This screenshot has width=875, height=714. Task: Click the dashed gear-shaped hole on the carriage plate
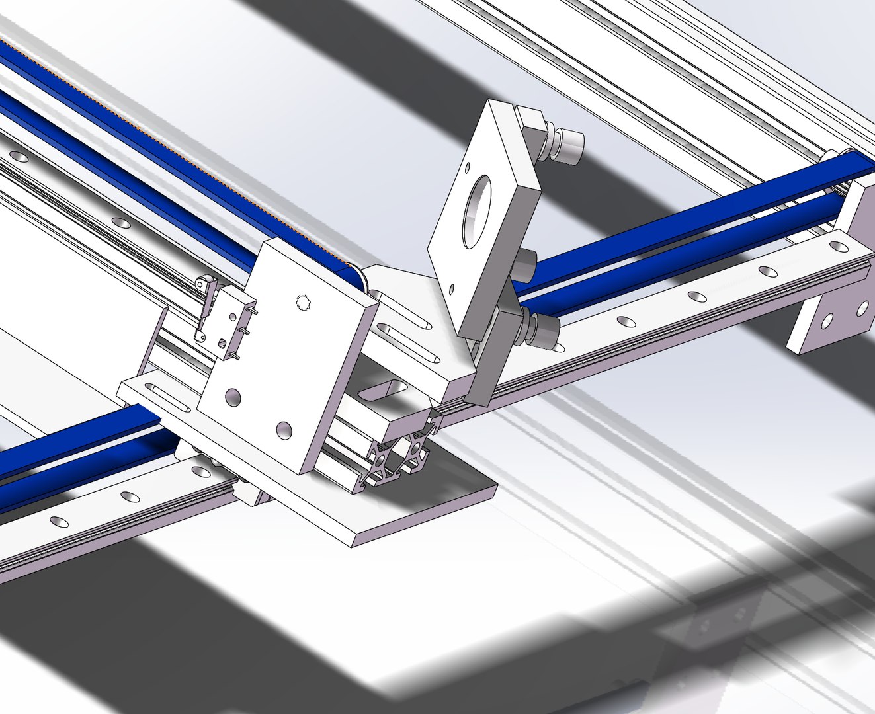pos(303,303)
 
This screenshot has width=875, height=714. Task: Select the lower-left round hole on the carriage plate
pos(233,397)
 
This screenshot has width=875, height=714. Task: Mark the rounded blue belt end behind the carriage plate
pos(356,278)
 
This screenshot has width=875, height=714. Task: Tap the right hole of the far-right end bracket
pos(862,308)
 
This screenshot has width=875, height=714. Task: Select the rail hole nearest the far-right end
pos(841,247)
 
